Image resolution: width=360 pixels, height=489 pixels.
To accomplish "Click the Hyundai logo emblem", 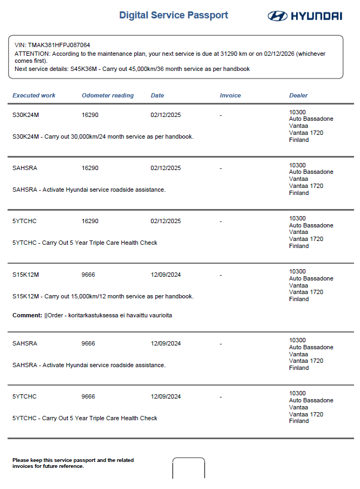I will point(277,16).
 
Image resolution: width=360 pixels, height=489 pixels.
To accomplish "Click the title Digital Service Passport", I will point(174,15).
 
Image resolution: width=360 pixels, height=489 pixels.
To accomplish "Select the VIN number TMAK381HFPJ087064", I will point(59,45).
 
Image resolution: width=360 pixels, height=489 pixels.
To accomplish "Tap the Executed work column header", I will point(34,95).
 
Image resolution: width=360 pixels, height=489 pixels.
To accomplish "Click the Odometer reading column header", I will point(108,95).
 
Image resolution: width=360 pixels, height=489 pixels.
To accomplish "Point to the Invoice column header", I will point(230,95).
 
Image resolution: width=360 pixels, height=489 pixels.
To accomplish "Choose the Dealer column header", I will point(298,95).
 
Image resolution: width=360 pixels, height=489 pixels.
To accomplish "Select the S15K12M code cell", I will point(26,275).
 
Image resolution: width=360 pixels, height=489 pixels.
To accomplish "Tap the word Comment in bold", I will point(27,315).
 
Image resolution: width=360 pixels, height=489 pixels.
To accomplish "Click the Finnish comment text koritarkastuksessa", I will point(95,315).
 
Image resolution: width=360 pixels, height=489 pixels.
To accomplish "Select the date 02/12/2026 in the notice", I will point(280,54).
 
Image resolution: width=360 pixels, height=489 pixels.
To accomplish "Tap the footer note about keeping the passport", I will point(73,463).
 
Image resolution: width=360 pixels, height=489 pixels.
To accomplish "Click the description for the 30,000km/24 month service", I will point(103,136).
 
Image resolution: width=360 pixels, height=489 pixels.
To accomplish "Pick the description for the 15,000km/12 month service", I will point(103,296).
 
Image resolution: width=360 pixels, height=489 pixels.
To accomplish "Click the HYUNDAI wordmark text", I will point(317,16).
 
